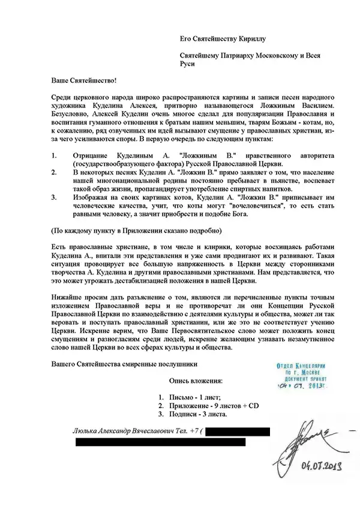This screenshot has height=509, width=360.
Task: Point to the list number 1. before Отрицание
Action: point(55,155)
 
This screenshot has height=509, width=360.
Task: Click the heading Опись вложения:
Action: point(196,381)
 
